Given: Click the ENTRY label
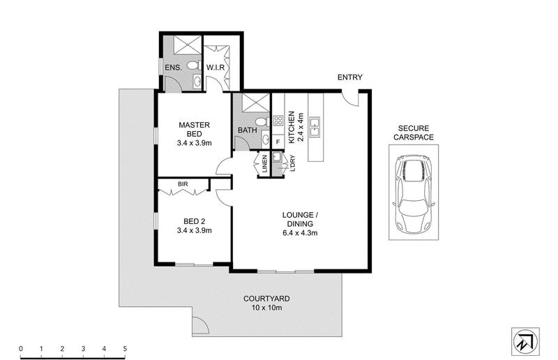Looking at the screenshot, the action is [350, 77].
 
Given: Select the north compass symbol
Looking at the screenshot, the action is [525, 341].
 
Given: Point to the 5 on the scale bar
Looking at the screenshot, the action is [125, 349].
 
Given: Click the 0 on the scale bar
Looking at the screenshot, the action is [21, 349].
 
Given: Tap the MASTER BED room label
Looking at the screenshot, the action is [195, 134].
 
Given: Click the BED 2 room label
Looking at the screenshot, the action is [195, 226].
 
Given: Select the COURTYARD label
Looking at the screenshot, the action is [266, 303].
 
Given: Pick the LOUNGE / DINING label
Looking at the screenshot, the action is [300, 224].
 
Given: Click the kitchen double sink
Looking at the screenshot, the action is [315, 127].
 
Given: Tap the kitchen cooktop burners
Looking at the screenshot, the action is [278, 121].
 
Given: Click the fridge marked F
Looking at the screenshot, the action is [278, 142].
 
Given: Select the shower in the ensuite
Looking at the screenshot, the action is [188, 45].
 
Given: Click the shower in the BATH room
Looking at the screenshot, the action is [256, 103].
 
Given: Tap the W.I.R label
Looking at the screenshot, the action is [216, 67].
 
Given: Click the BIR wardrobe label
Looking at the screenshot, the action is [183, 184].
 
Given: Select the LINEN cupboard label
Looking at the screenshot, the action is [264, 164].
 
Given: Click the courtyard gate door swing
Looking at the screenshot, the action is [200, 325].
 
